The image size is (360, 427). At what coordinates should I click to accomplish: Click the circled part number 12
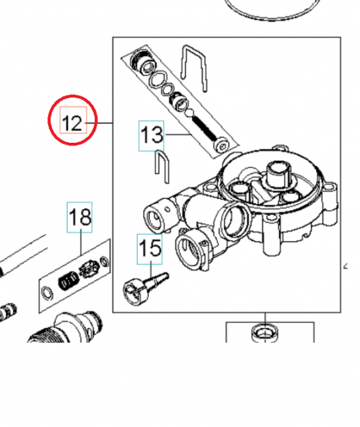(x=72, y=123)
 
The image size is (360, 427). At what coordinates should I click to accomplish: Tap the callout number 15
(x=150, y=248)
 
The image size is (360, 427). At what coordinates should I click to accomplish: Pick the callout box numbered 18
(x=80, y=217)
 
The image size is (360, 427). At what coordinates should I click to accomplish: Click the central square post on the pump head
(x=276, y=174)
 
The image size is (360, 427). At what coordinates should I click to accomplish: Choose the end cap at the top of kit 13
(x=141, y=61)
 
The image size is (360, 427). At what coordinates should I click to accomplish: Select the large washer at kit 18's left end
(x=47, y=292)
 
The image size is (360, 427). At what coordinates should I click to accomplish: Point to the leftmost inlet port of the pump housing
(x=154, y=217)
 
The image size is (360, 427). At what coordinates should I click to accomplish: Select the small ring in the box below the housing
(x=266, y=331)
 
